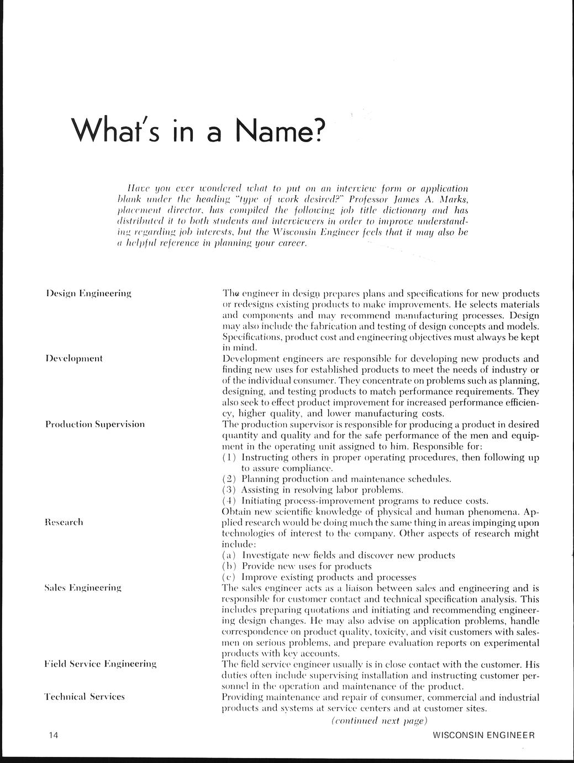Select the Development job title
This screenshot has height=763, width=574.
click(73, 358)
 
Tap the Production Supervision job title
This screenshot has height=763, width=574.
click(94, 424)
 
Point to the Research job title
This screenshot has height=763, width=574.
click(64, 522)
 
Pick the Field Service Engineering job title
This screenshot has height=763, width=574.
click(100, 663)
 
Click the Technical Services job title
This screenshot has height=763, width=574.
click(85, 696)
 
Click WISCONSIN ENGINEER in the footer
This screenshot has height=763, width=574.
click(484, 735)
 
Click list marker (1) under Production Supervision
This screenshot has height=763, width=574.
click(229, 457)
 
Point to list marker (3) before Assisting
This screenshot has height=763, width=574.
click(229, 489)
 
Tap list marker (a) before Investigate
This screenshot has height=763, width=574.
click(229, 555)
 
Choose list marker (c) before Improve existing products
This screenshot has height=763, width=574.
click(229, 577)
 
